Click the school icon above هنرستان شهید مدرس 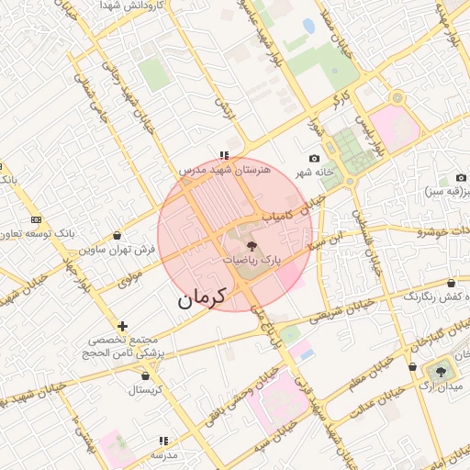(x=223, y=155)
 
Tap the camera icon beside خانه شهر (x=315, y=159)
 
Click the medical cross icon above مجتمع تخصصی (x=122, y=326)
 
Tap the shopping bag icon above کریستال (x=145, y=375)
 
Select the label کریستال (x=144, y=389)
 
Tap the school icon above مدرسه (x=163, y=441)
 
